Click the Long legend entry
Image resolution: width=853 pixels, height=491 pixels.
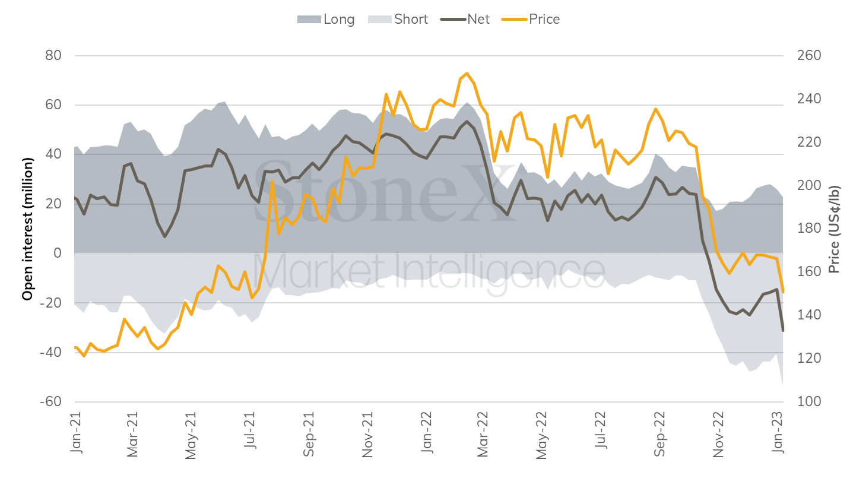(x=326, y=19)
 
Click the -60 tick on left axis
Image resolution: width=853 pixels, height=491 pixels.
(x=52, y=402)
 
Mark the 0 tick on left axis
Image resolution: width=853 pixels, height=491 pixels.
(x=58, y=254)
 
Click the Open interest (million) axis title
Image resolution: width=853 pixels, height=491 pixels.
(x=27, y=229)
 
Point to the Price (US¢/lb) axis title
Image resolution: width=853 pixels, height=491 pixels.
(x=835, y=229)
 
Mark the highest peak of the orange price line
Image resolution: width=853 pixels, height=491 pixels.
(x=467, y=73)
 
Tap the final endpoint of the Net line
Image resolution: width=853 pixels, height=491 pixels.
(x=783, y=331)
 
